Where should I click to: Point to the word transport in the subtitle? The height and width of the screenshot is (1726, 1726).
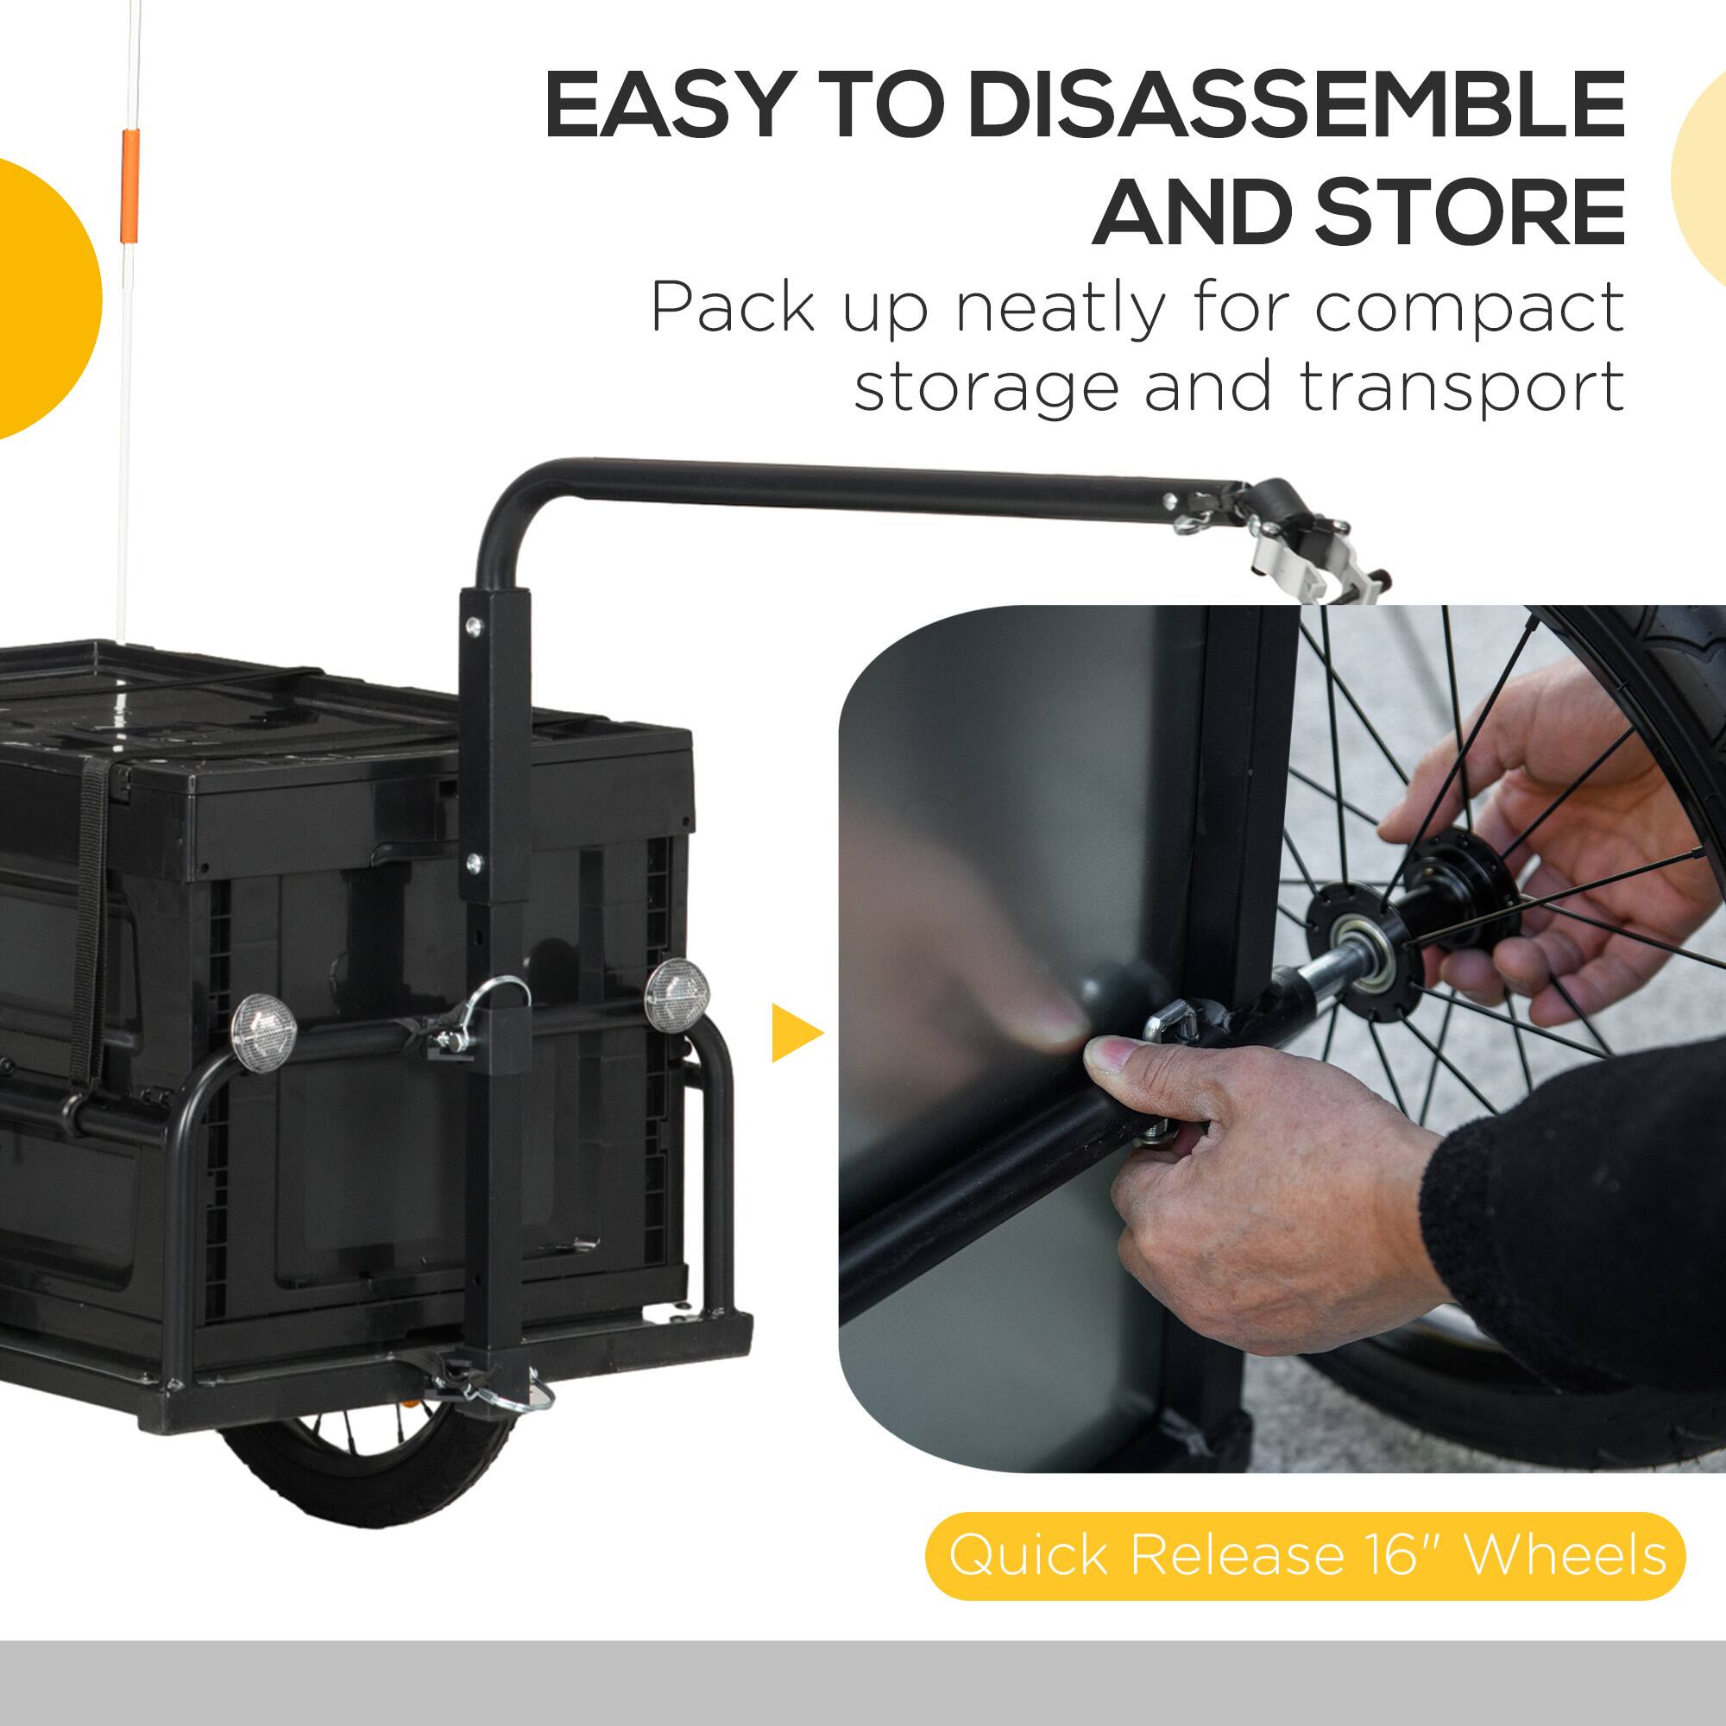1462,387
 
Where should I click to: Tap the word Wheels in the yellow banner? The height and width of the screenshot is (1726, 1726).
1565,1555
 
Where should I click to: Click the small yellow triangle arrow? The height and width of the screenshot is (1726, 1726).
795,1034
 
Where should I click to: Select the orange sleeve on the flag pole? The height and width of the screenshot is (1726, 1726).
130,186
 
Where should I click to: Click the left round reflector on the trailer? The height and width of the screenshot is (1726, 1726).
263,1033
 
